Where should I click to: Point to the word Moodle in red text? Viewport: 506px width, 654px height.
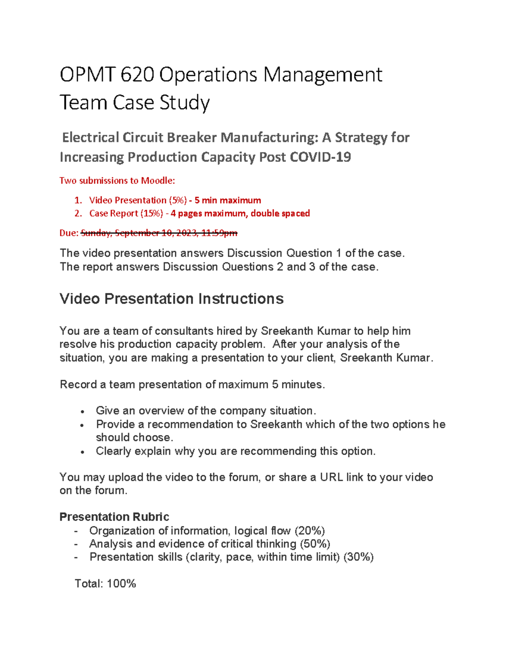(x=156, y=181)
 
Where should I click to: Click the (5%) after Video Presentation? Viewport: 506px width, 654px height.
(x=177, y=200)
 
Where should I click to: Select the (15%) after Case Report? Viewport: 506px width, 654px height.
(x=151, y=213)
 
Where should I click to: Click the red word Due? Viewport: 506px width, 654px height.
(x=68, y=233)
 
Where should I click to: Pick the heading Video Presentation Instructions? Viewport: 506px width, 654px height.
(x=171, y=299)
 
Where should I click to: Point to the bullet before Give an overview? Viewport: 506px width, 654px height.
(x=83, y=411)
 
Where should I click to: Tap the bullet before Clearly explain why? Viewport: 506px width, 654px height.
(x=83, y=452)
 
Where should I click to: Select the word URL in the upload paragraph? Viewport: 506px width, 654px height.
(x=331, y=477)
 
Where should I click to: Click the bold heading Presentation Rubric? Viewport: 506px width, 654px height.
(x=114, y=517)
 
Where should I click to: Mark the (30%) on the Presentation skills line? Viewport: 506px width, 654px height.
(x=358, y=557)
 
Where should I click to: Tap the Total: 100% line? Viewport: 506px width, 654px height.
(x=105, y=584)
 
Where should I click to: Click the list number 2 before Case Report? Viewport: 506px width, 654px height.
(x=78, y=213)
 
